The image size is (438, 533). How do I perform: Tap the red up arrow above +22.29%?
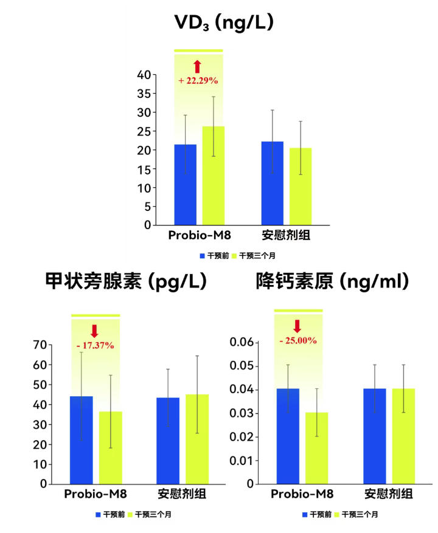[x=198, y=66]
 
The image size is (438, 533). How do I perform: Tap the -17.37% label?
[x=95, y=345]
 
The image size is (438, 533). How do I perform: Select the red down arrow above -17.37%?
[x=94, y=331]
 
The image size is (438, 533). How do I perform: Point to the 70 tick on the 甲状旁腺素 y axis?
[x=40, y=345]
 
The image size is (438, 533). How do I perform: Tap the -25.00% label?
[x=297, y=340]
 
